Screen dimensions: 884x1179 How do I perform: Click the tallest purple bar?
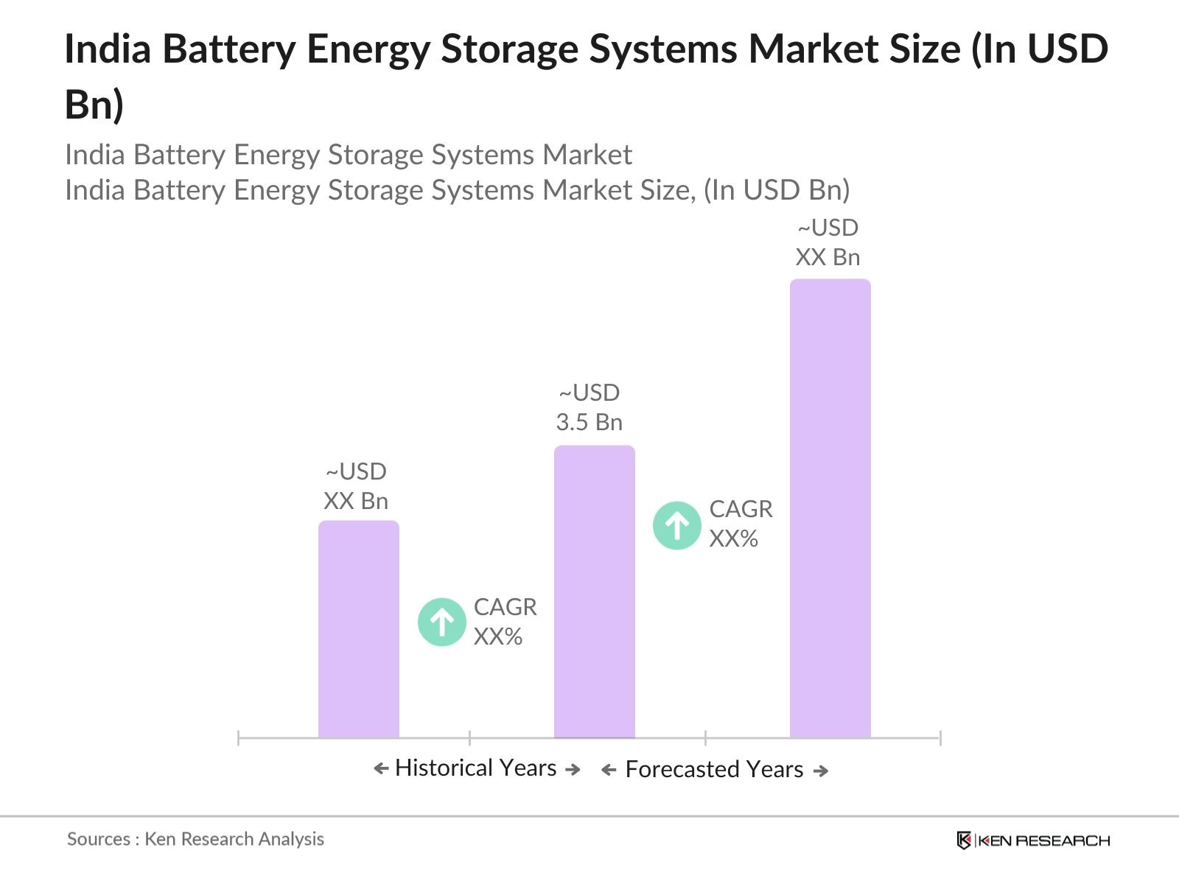[830, 508]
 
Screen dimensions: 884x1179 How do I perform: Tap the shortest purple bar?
[358, 629]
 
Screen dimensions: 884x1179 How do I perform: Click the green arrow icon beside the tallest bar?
[676, 525]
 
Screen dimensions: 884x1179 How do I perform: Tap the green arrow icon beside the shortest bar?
[441, 622]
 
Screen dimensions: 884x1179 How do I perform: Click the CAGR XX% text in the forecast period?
[740, 524]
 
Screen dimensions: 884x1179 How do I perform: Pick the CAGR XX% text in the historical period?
[505, 622]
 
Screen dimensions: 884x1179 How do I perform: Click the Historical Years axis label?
[475, 768]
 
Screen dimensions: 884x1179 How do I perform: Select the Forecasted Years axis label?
[714, 770]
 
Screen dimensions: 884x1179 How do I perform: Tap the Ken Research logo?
[1032, 841]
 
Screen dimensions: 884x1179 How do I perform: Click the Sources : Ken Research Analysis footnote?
[195, 839]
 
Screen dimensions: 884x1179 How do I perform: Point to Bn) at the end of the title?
[94, 104]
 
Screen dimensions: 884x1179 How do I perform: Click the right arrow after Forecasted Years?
[821, 771]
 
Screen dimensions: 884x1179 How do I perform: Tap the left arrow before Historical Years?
[381, 769]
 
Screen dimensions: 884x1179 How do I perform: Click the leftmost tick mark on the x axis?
[239, 737]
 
